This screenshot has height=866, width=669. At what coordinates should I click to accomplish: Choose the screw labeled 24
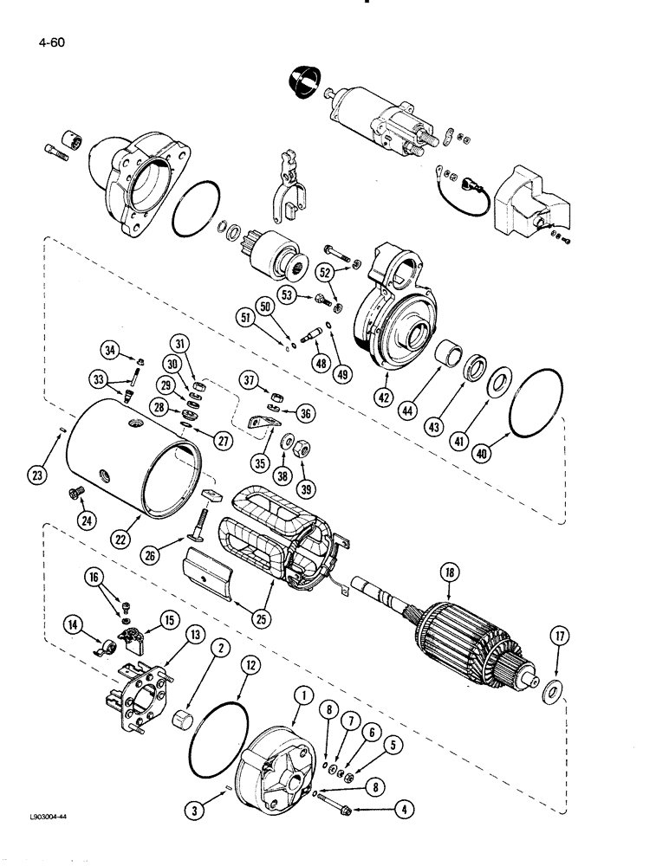(x=72, y=494)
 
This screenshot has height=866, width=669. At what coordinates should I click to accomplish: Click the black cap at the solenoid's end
(x=300, y=84)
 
